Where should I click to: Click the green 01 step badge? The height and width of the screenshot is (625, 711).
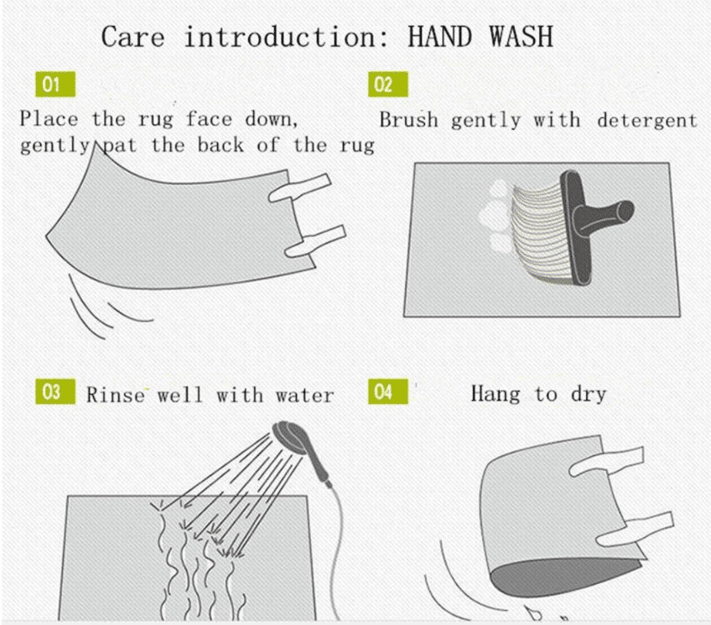(55, 85)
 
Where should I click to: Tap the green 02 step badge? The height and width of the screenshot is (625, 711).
(387, 85)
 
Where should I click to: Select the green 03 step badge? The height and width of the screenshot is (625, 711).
(55, 391)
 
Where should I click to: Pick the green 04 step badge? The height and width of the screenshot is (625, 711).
(387, 391)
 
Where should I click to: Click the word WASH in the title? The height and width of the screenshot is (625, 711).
(521, 37)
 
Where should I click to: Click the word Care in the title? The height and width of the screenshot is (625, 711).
(132, 37)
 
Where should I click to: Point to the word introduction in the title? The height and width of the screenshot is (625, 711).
(287, 37)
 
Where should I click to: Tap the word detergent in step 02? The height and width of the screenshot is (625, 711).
(647, 121)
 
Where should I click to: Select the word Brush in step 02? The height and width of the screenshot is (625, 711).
(408, 120)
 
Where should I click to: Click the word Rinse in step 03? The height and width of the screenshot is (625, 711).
(116, 395)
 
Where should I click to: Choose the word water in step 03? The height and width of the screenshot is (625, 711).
(304, 395)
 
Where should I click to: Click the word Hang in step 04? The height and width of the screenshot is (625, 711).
(496, 395)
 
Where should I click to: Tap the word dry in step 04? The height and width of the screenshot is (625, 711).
(589, 395)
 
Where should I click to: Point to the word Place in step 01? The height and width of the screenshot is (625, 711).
(49, 119)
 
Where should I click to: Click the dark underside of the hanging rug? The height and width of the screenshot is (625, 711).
(564, 576)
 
